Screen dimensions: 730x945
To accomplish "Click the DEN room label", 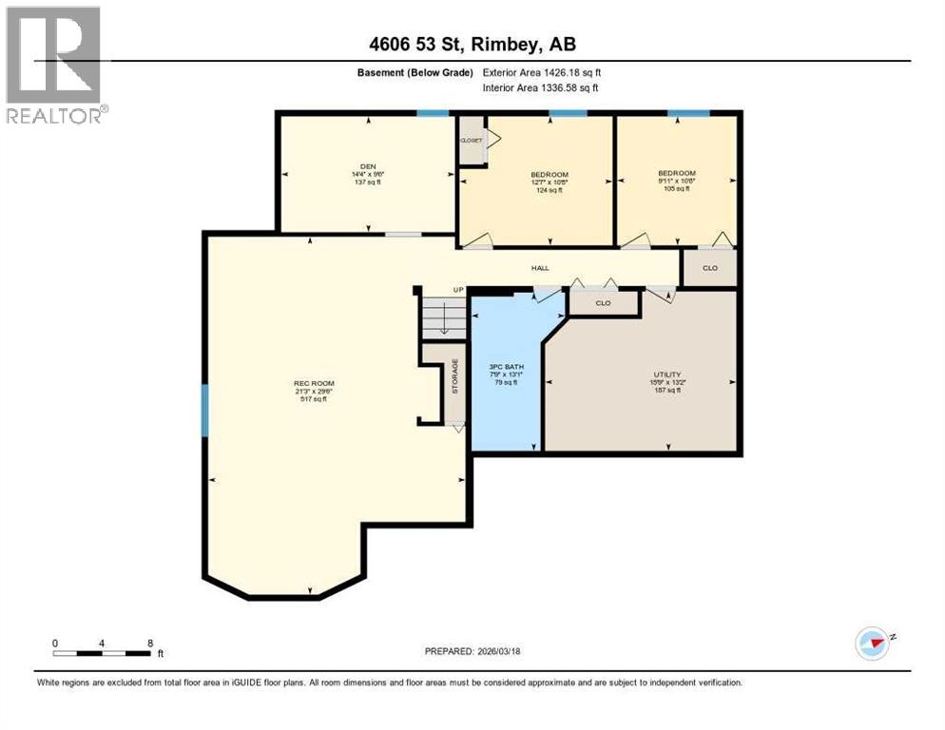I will pos(367,165).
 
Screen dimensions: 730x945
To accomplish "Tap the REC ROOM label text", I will pos(312,384).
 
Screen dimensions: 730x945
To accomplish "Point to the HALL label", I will pos(539,268).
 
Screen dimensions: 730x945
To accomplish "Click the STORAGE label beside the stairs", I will pos(455,376).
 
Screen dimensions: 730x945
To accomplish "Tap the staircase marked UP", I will pos(444,316).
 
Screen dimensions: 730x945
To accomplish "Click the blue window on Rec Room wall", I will pos(203,410).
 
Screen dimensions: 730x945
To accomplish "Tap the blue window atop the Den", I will pos(434,113).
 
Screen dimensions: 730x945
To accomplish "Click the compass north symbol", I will pos(872,643).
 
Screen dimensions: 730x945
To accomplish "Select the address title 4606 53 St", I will pos(472,44).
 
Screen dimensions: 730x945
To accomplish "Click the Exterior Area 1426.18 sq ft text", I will pos(542,72).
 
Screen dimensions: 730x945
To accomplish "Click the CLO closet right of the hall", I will pos(710,268).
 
